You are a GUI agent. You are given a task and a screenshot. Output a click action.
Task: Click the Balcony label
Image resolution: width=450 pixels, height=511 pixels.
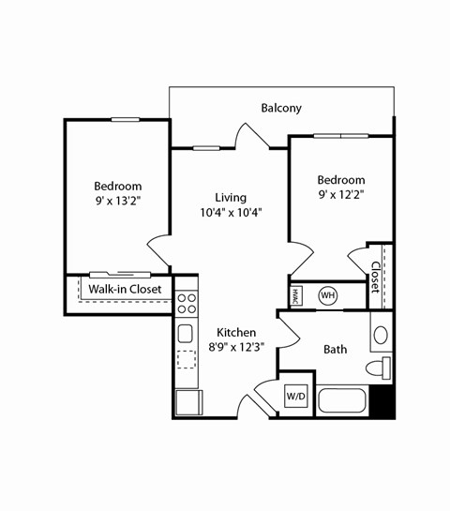(x=281, y=108)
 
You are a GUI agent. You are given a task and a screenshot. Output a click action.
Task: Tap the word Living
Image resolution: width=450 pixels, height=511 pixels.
(x=231, y=198)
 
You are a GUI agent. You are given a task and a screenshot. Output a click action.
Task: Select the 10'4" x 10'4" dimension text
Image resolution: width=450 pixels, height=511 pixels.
(x=231, y=213)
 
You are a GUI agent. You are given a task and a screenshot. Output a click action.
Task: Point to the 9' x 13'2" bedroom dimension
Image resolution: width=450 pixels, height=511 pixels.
(x=118, y=201)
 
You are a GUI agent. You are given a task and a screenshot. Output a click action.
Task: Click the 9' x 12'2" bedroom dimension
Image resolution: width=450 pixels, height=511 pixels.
(x=340, y=195)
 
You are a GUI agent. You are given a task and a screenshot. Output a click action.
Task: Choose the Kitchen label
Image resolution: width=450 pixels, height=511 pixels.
(x=236, y=333)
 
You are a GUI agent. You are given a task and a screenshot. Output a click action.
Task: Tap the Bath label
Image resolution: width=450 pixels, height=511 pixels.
(x=335, y=349)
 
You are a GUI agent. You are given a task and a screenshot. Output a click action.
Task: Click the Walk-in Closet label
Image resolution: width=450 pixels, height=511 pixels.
(x=125, y=290)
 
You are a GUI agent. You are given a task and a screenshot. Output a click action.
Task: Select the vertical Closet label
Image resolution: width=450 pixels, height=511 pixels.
(x=375, y=277)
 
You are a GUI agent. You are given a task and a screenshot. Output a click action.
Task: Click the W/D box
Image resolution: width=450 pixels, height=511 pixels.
(x=296, y=397)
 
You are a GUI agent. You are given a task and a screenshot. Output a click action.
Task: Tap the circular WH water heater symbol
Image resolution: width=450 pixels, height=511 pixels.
(x=327, y=295)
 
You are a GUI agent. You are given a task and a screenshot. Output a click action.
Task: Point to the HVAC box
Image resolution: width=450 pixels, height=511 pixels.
(x=295, y=294)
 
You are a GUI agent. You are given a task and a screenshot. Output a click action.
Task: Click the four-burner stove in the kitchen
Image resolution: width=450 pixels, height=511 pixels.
(x=187, y=303)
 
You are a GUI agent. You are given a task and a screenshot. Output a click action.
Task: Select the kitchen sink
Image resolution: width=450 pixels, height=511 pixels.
(x=186, y=333)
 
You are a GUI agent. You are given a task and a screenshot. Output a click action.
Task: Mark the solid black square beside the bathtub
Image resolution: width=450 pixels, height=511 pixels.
(x=382, y=400)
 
